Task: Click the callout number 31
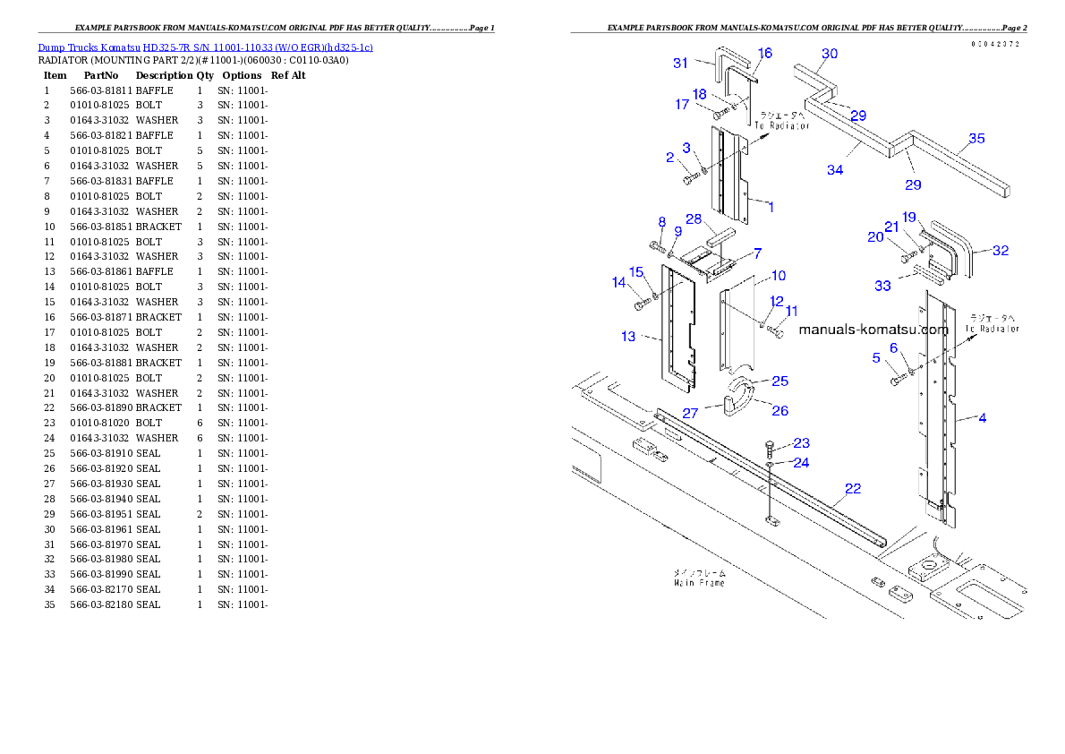coord(681,63)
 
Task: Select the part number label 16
coord(764,54)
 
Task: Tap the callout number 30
coord(830,54)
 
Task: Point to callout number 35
coord(976,139)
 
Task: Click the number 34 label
coord(834,169)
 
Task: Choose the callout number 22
coord(853,488)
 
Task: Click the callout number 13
coord(628,336)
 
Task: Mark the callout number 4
coord(983,418)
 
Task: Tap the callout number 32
coord(1001,251)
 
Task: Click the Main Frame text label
coord(700,578)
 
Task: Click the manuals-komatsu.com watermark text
coord(873,330)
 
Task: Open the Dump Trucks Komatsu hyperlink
coord(205,47)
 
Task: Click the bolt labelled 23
coord(770,448)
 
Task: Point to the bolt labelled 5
coord(897,381)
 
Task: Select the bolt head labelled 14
coord(639,305)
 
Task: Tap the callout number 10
coord(779,276)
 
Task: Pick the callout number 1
coord(770,207)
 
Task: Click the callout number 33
coord(882,286)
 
